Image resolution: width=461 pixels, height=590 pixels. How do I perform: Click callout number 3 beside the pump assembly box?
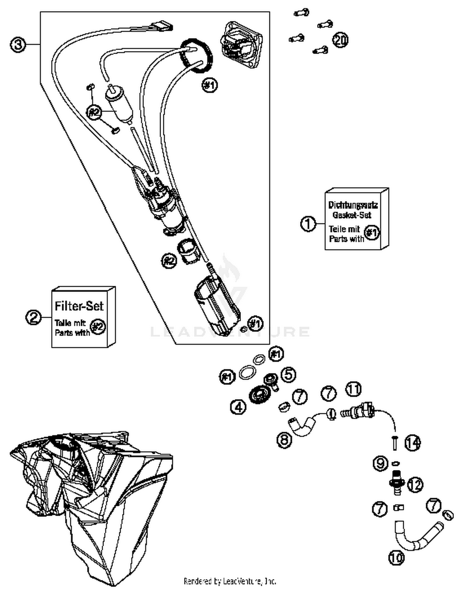click(18, 45)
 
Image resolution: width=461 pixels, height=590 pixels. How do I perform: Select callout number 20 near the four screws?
click(340, 40)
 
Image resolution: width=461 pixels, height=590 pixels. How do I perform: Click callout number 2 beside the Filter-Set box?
click(33, 317)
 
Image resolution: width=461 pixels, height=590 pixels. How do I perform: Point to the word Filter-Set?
click(79, 306)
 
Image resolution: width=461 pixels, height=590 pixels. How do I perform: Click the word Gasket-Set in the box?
click(352, 215)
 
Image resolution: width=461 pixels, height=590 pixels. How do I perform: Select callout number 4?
click(238, 407)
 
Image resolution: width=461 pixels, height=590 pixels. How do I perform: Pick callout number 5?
click(288, 375)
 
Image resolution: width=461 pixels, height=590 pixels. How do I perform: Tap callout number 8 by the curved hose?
click(284, 440)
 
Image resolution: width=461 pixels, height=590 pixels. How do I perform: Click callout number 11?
click(353, 389)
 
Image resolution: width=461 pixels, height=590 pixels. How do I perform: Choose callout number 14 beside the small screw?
click(413, 443)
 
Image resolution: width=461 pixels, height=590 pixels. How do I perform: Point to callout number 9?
click(380, 463)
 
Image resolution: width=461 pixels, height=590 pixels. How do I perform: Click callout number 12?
click(415, 485)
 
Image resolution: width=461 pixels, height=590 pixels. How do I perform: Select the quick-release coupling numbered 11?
click(358, 410)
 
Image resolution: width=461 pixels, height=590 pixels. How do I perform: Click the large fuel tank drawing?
click(92, 497)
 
